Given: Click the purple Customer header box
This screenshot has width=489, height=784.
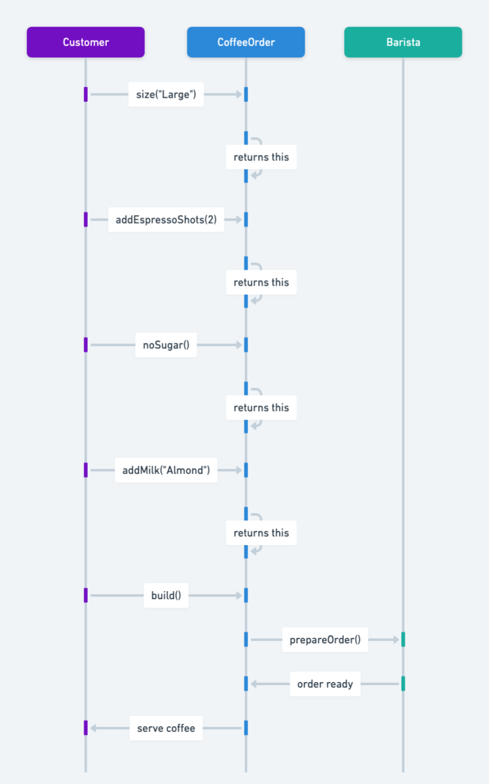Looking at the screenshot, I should pyautogui.click(x=85, y=42).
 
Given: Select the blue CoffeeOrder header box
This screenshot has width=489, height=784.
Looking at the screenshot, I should pyautogui.click(x=246, y=42).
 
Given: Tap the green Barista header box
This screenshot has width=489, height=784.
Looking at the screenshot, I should pyautogui.click(x=403, y=42).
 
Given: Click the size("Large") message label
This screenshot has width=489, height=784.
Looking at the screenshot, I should pyautogui.click(x=166, y=95).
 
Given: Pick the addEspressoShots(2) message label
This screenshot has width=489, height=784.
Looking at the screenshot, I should pyautogui.click(x=166, y=219).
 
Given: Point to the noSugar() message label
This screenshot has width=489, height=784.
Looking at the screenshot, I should pyautogui.click(x=166, y=345).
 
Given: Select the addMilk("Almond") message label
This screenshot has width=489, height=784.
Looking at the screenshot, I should pyautogui.click(x=166, y=470).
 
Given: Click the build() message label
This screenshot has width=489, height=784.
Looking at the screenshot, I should pyautogui.click(x=166, y=595).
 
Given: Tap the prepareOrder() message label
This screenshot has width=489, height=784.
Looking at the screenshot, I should pyautogui.click(x=325, y=640).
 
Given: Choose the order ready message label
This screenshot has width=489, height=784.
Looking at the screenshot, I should pyautogui.click(x=325, y=684).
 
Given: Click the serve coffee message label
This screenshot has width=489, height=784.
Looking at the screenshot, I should pyautogui.click(x=166, y=728).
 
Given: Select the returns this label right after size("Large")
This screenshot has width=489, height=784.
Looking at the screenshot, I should pyautogui.click(x=261, y=157).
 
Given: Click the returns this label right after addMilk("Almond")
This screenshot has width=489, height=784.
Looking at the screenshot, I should pyautogui.click(x=261, y=533).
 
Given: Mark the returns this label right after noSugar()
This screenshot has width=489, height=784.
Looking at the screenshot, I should pyautogui.click(x=261, y=407).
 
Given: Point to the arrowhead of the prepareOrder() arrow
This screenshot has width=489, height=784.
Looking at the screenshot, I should pyautogui.click(x=395, y=640).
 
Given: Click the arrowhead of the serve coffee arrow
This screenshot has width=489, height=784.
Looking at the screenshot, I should pyautogui.click(x=93, y=728).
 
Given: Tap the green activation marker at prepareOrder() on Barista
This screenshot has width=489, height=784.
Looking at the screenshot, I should pyautogui.click(x=403, y=640).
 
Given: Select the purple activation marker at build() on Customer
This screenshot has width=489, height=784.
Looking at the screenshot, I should pyautogui.click(x=85, y=595).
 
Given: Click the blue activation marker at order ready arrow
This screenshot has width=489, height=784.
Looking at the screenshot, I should pyautogui.click(x=246, y=684).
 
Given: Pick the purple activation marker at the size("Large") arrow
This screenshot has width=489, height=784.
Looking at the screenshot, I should pyautogui.click(x=85, y=95).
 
